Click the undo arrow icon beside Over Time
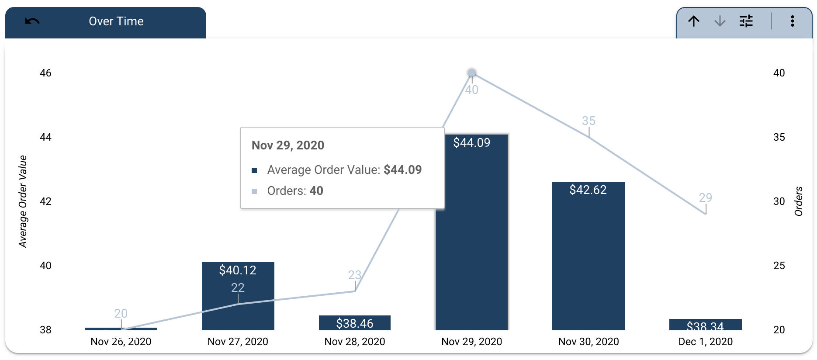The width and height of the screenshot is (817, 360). point(32,21)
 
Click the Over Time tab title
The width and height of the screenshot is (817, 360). point(116,21)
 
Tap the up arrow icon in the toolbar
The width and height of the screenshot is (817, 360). point(694,21)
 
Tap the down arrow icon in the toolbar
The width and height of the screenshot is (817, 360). point(720,21)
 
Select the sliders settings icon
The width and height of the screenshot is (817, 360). point(746,21)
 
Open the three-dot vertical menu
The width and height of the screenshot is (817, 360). point(792,21)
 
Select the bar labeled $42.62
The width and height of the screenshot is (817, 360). point(588,262)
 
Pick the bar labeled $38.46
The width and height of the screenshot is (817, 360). point(354,323)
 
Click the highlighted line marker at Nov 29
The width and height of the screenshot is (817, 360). point(471,73)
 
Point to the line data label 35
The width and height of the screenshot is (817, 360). point(589,121)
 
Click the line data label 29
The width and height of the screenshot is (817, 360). point(705,197)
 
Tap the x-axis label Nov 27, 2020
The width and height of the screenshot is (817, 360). point(238,342)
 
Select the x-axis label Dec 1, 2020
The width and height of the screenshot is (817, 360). point(705,342)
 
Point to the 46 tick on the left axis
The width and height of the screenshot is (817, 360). point(45,73)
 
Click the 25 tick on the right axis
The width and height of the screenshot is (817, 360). point(779,266)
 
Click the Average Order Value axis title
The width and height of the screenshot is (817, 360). point(23,201)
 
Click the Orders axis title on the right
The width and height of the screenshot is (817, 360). point(799,201)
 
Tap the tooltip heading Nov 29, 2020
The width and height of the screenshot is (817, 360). point(287,145)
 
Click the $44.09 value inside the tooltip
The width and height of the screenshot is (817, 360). point(402,170)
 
